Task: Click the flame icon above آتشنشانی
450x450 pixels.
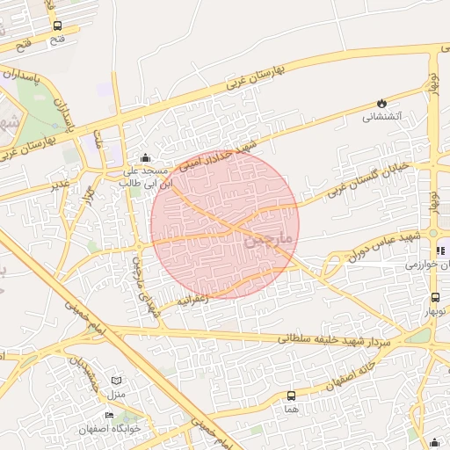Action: point(381,103)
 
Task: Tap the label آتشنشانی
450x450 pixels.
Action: point(382,116)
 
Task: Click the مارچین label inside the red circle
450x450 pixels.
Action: point(265,237)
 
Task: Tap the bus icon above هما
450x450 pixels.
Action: point(291,396)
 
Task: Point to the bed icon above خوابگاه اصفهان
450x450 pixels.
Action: point(110,415)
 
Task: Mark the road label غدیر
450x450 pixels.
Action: point(60,184)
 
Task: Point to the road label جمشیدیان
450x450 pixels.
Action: point(88,373)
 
